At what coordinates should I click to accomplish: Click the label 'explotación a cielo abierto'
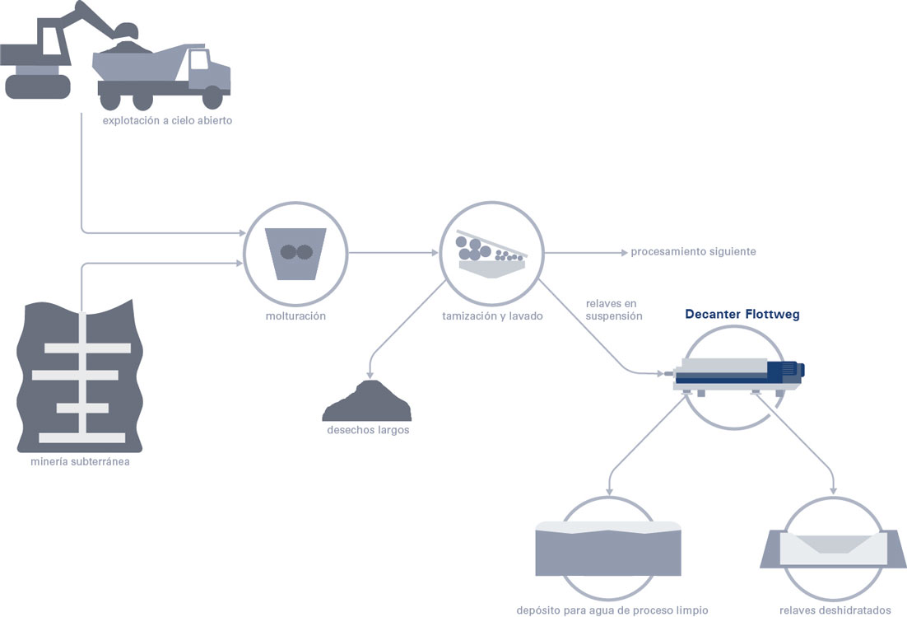tap(167, 121)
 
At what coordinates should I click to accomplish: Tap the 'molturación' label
tap(295, 316)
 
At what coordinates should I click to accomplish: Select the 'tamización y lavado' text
tap(492, 316)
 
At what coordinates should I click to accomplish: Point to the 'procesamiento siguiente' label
tap(693, 252)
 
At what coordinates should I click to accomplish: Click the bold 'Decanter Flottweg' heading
tap(742, 315)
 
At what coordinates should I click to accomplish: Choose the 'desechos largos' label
tap(368, 430)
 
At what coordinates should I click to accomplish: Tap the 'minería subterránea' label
tap(80, 462)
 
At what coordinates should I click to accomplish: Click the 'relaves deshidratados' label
tap(835, 610)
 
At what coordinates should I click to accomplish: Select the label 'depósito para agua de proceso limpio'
tap(612, 610)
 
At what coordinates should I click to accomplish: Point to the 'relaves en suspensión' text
tap(614, 310)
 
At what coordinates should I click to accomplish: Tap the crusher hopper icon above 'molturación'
tap(295, 254)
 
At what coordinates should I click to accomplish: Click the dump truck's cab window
tap(198, 59)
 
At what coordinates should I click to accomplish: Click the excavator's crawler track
tap(38, 86)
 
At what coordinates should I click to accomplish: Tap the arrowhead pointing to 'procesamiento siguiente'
tap(624, 253)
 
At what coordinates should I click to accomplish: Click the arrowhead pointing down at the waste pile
tap(370, 376)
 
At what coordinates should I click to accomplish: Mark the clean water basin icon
tap(608, 549)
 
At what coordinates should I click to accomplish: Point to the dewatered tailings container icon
tap(833, 548)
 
